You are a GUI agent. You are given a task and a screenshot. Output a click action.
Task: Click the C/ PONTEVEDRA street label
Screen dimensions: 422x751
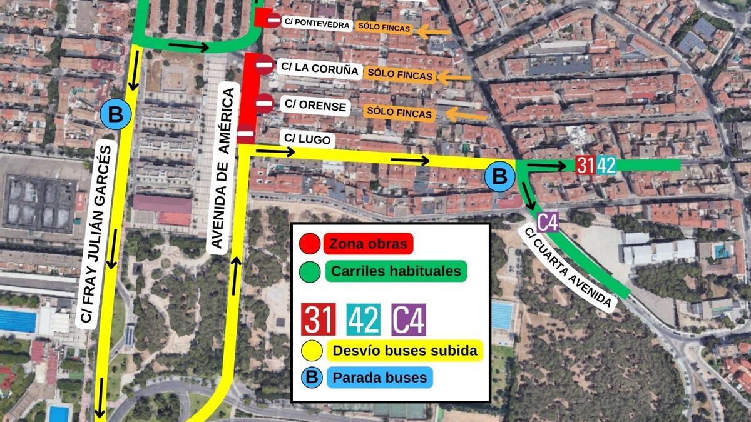tap(316, 23)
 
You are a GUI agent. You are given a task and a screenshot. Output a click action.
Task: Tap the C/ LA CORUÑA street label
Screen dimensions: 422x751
tap(319, 68)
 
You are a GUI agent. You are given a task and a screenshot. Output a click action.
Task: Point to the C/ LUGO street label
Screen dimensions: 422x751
tap(307, 139)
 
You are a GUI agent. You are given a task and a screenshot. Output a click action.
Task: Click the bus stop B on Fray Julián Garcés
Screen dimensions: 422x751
tap(115, 114)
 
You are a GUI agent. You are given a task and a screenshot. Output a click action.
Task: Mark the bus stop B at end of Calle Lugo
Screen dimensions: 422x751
tap(499, 176)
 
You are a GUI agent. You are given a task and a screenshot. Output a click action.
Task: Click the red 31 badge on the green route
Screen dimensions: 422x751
tap(585, 165)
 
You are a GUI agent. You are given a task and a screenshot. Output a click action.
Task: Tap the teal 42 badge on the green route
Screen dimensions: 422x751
tap(606, 165)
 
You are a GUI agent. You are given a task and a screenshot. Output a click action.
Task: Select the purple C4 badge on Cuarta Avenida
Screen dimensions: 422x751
tap(548, 222)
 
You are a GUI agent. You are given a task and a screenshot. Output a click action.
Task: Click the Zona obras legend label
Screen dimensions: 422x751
tap(368, 243)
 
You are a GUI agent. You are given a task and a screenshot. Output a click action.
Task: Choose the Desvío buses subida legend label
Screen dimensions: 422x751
tap(404, 350)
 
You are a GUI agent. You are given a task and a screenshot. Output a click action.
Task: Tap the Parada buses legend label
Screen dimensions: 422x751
tap(379, 378)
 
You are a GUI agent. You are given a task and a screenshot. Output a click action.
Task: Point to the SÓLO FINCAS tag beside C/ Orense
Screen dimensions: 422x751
tap(399, 113)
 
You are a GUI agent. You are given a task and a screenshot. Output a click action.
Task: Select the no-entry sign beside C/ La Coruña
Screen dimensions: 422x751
tap(264, 64)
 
